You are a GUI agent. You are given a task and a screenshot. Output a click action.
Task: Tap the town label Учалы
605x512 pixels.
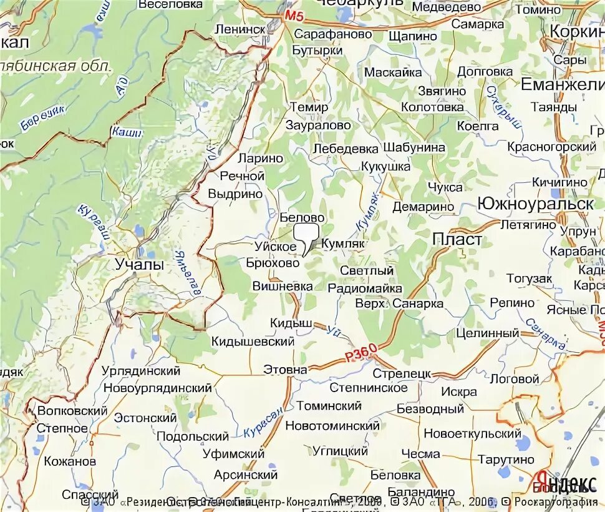tap(140, 264)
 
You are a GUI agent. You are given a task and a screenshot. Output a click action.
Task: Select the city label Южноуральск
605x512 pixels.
tap(535, 204)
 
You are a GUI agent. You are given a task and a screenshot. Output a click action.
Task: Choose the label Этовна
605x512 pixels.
tap(285, 370)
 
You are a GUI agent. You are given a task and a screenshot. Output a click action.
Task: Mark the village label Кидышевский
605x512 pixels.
tap(253, 342)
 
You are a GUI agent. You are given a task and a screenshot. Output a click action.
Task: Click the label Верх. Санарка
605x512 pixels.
tap(399, 303)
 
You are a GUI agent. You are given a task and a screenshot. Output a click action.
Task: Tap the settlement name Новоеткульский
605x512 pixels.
tap(472, 433)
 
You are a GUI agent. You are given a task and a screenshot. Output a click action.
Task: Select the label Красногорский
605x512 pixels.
tap(551, 147)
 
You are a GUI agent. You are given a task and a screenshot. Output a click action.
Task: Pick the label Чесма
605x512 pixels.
tap(420, 454)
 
